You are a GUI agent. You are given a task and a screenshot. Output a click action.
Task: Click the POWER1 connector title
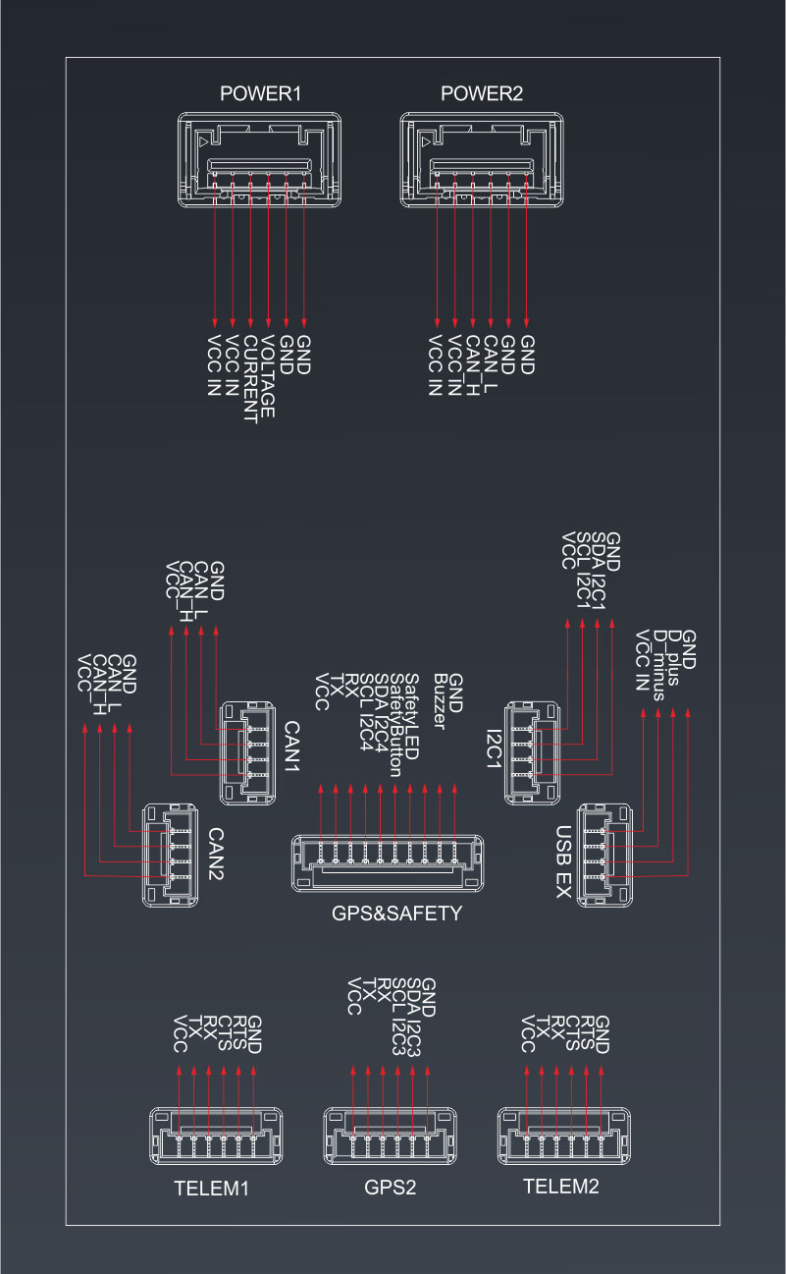click(260, 94)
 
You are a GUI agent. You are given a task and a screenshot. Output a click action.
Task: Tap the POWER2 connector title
click(482, 94)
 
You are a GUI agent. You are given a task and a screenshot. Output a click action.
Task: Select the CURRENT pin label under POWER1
click(249, 379)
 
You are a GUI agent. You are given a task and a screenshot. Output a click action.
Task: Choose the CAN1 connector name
click(291, 747)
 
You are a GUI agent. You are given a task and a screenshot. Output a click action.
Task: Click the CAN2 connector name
click(217, 852)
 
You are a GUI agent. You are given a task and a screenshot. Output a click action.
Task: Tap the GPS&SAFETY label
click(396, 914)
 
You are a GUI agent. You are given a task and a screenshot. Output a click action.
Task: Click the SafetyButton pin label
click(396, 725)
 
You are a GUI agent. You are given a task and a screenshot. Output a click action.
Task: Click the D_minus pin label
click(658, 664)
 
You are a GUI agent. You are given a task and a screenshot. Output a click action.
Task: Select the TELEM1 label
click(211, 1188)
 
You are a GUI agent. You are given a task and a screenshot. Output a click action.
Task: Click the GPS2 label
click(391, 1187)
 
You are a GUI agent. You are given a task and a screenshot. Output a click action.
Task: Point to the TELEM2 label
click(560, 1186)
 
